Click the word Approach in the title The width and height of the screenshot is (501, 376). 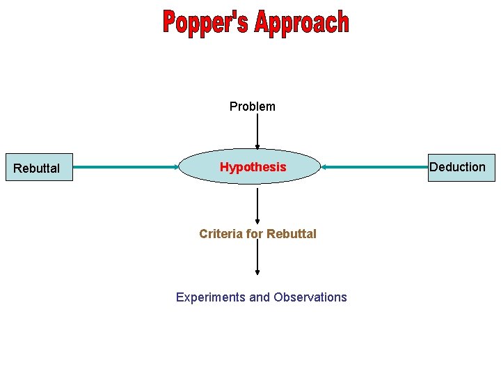click(x=301, y=23)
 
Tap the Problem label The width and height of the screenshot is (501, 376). click(x=253, y=107)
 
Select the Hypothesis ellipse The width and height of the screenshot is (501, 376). click(x=253, y=167)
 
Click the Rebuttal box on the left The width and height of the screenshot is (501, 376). click(x=39, y=168)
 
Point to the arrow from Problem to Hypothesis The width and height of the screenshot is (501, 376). click(x=257, y=132)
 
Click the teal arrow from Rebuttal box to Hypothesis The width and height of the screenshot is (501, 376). click(x=125, y=167)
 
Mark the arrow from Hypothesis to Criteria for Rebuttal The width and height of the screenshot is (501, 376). click(x=257, y=205)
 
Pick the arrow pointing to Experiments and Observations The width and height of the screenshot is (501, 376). click(x=257, y=258)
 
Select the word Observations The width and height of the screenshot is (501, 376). click(x=310, y=297)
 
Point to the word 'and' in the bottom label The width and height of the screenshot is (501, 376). click(x=260, y=297)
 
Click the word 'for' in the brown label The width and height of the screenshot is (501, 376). click(x=252, y=234)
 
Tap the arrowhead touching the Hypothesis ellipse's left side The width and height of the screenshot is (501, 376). click(x=177, y=167)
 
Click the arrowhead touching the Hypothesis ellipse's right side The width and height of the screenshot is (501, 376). click(x=324, y=167)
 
